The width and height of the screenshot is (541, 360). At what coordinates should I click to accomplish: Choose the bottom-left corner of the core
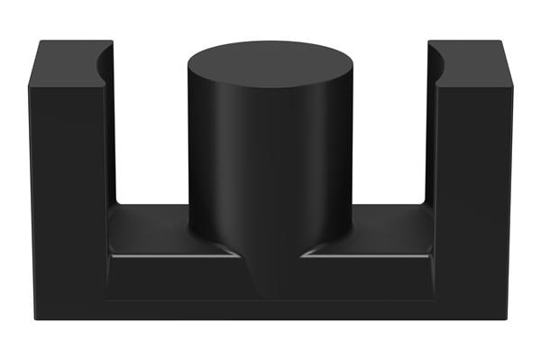32,318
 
